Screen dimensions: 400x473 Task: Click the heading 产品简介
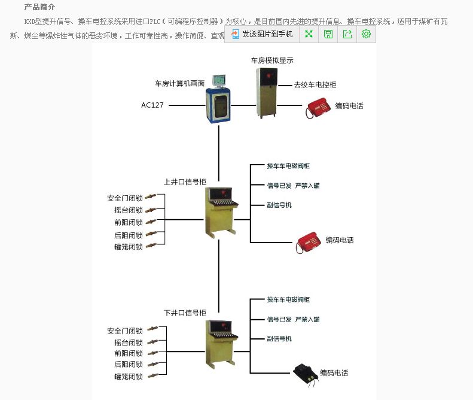tap(39, 7)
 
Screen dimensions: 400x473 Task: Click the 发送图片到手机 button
tap(263, 34)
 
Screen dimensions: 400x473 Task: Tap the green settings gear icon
tap(366, 34)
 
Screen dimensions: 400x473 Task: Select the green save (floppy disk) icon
tap(328, 34)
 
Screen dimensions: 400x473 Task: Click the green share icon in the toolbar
tap(347, 34)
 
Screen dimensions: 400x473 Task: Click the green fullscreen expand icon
tap(309, 34)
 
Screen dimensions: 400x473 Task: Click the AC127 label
tap(152, 105)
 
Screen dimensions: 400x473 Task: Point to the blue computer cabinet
tap(218, 104)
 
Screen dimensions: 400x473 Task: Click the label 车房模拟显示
tap(272, 60)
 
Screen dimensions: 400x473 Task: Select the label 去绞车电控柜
tap(315, 85)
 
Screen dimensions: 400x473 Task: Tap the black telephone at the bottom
tap(305, 373)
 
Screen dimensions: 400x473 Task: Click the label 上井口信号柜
tap(185, 181)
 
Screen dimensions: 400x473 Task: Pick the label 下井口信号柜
tap(185, 313)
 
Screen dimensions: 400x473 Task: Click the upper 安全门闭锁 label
tap(125, 198)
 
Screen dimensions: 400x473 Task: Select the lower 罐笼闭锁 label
tap(129, 377)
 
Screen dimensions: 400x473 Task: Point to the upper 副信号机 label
tap(279, 205)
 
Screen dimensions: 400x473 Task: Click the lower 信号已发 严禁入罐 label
tap(293, 319)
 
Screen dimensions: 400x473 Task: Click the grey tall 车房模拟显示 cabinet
tap(267, 92)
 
